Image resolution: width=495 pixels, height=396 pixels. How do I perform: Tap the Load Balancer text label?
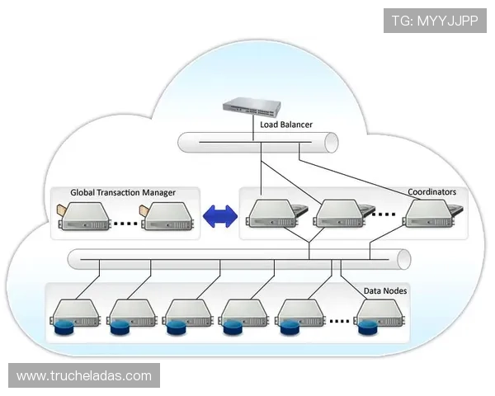pyautogui.click(x=285, y=125)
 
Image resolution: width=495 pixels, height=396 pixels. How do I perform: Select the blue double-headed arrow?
pyautogui.click(x=219, y=216)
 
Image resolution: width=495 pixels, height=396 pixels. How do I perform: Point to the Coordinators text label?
pyautogui.click(x=431, y=192)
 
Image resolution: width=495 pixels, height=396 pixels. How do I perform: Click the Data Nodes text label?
pyautogui.click(x=385, y=291)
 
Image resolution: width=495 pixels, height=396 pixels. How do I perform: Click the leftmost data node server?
pyautogui.click(x=75, y=315)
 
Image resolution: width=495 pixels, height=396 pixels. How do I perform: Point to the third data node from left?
pyautogui.click(x=187, y=315)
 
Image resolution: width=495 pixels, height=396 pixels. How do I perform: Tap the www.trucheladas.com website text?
pyautogui.click(x=84, y=376)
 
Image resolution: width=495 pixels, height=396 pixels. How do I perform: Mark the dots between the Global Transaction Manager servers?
pyautogui.click(x=125, y=222)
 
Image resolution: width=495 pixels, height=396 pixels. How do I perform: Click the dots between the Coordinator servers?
pyautogui.click(x=384, y=216)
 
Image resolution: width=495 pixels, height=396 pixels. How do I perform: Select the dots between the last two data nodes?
pyautogui.click(x=338, y=320)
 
